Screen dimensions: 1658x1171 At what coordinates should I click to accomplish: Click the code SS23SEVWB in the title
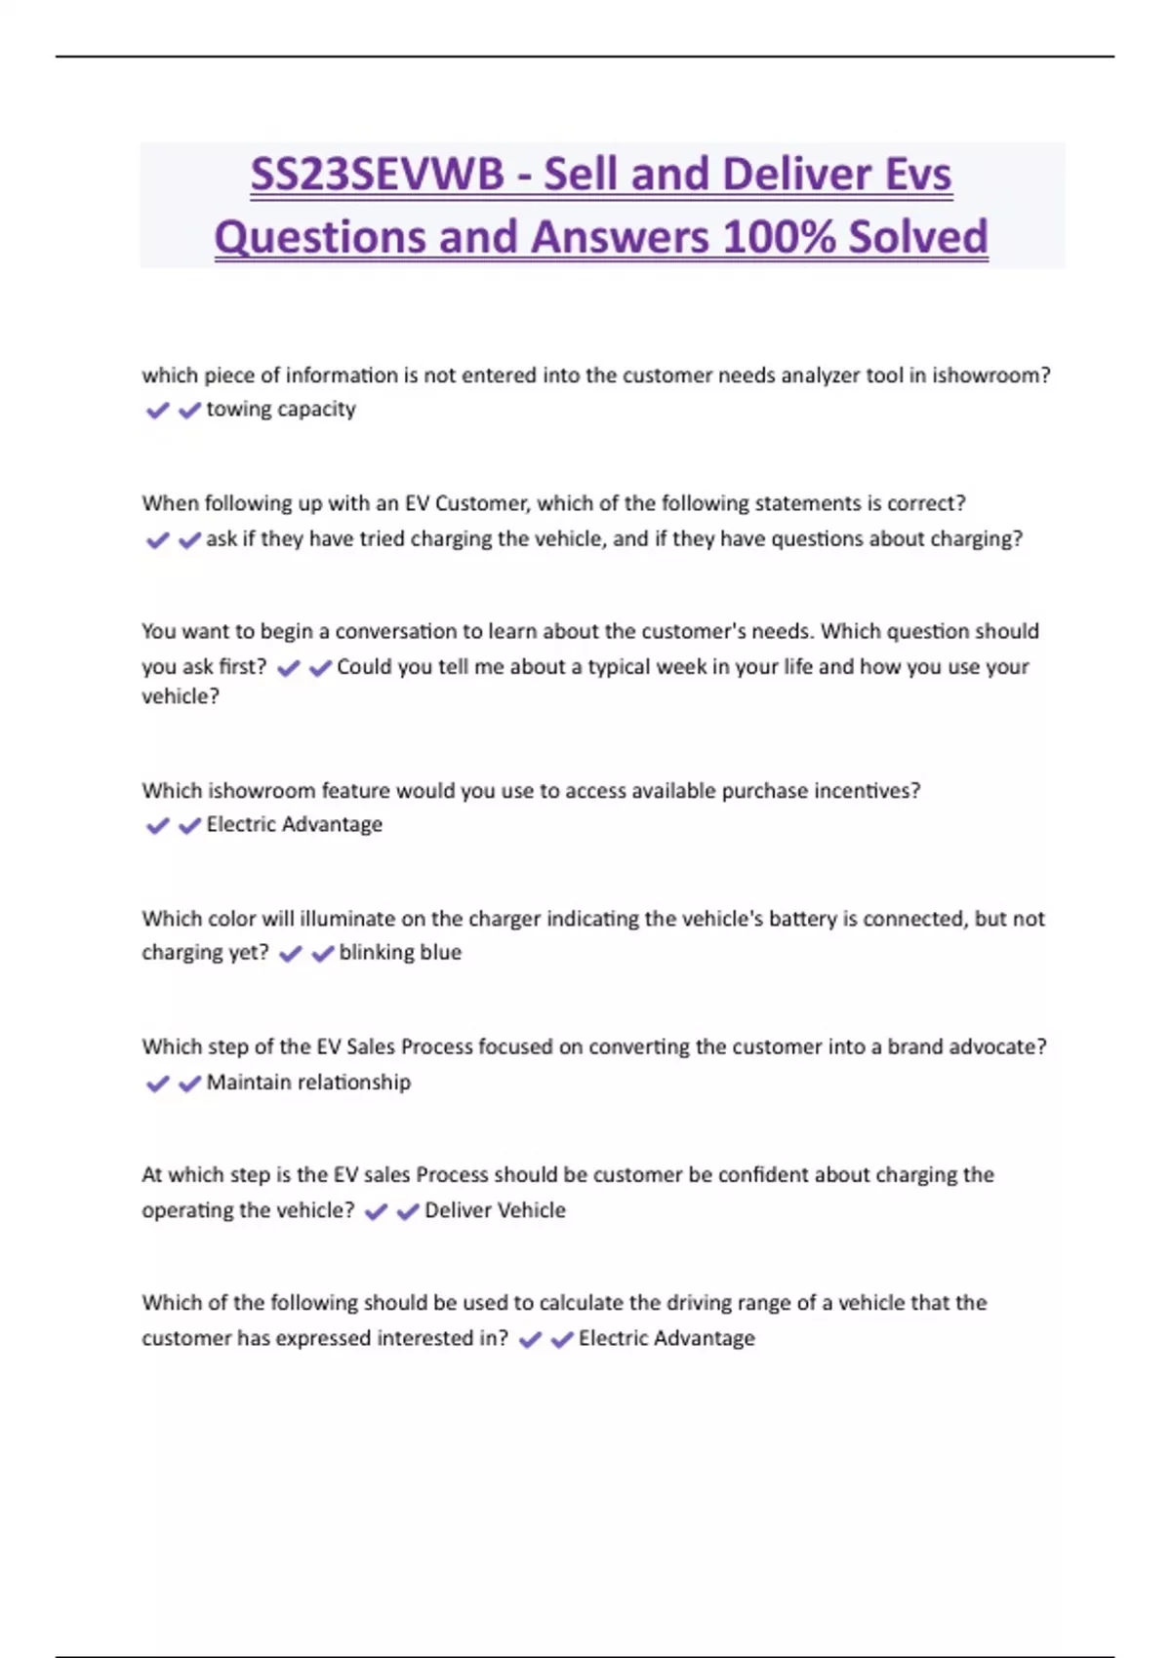377,176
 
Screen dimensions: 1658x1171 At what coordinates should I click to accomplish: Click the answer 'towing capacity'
281,410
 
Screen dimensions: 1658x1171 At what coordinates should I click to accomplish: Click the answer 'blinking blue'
400,953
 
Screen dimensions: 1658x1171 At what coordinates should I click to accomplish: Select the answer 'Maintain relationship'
308,1083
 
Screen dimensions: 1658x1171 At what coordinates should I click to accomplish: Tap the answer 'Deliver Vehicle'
495,1210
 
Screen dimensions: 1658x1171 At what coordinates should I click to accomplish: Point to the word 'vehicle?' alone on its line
181,696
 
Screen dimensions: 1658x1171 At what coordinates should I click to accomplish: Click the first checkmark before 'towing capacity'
157,411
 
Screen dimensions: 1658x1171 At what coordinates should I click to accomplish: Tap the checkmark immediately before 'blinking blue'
322,954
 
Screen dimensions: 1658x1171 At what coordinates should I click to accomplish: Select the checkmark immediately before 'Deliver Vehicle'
408,1211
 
